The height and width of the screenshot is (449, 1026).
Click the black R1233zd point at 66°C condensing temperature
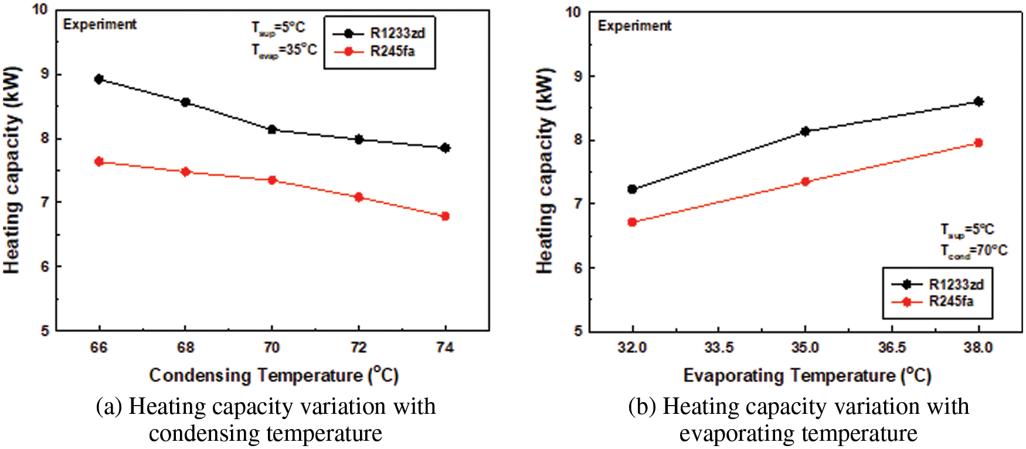pos(99,79)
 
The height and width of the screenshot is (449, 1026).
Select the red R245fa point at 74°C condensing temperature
pos(445,216)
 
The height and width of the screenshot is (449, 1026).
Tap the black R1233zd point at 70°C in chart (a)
pos(272,130)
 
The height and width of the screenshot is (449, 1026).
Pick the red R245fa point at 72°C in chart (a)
pos(359,197)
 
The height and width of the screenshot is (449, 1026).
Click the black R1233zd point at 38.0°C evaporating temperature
pos(978,102)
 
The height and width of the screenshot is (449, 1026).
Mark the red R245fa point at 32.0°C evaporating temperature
pos(632,222)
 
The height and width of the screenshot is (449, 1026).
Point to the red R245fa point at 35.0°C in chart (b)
pos(805,182)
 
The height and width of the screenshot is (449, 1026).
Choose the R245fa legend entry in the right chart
pos(950,301)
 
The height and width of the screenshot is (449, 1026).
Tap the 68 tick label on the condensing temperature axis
pos(185,348)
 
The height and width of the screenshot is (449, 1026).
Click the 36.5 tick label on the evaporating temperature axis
pos(892,348)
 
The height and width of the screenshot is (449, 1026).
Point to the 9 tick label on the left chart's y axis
pos(45,74)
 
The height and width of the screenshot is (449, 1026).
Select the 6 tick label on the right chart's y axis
pos(578,268)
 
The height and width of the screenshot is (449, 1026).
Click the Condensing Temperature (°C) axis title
pos(273,375)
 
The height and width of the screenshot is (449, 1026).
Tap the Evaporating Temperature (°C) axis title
pos(807,375)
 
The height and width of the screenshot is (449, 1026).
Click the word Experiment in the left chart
pos(100,25)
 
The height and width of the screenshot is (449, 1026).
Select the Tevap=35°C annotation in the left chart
pos(284,50)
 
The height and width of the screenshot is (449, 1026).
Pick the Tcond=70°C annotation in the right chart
pos(973,251)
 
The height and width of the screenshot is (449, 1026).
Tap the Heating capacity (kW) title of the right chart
pos(545,171)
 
